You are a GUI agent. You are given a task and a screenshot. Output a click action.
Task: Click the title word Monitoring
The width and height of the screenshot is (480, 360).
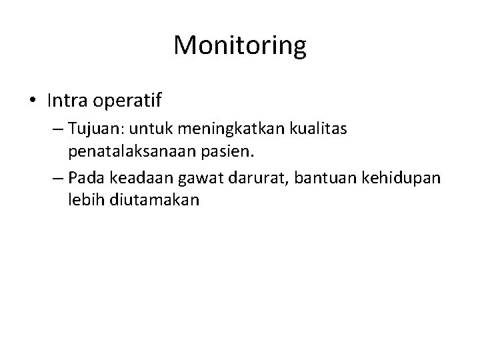[240, 46]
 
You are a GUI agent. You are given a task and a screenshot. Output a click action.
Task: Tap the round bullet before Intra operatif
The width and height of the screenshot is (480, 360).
[33, 101]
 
